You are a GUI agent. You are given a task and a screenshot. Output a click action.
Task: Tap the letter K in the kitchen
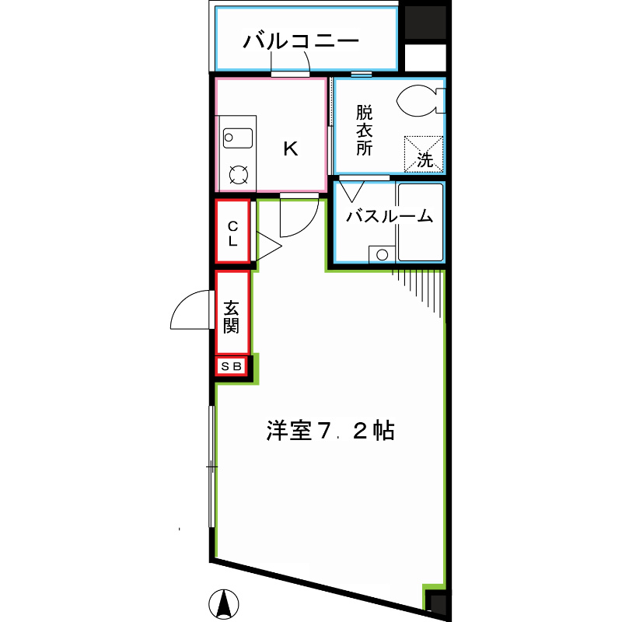290,149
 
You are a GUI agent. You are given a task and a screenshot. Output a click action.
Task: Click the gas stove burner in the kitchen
238,175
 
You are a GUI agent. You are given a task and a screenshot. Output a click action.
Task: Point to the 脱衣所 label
365,130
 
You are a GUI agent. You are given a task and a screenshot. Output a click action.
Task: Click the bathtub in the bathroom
421,222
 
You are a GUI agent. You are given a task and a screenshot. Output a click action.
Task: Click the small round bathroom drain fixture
381,253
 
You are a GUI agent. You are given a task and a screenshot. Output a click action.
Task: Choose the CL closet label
232,232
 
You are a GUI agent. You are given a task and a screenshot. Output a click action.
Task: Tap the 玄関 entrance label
232,316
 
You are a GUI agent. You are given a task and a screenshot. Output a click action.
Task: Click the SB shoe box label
232,366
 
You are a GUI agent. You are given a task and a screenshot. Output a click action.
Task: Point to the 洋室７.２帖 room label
330,430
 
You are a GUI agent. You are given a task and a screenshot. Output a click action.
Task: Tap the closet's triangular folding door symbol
266,247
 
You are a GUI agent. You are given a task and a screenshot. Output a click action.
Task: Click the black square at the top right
425,23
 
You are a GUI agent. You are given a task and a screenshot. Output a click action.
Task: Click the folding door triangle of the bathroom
351,190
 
